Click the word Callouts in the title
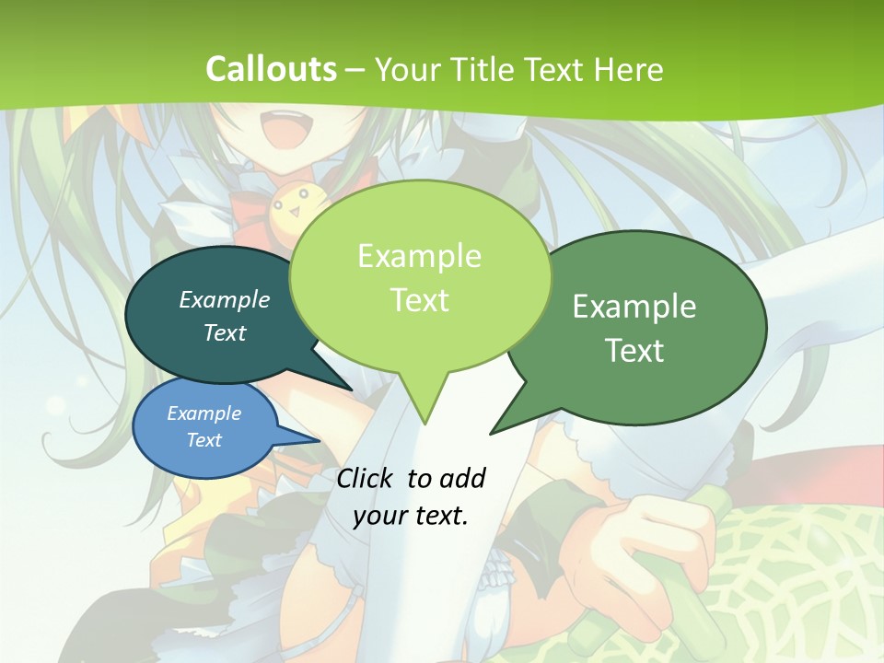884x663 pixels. pos(271,69)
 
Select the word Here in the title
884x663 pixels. pos(629,70)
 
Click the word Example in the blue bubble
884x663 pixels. pos(204,413)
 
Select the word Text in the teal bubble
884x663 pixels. pos(225,332)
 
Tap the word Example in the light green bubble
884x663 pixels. pos(419,256)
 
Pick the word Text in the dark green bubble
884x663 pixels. pos(634,350)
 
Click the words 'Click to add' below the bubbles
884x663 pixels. pos(411,478)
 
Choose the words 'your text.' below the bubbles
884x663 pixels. pos(411,516)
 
